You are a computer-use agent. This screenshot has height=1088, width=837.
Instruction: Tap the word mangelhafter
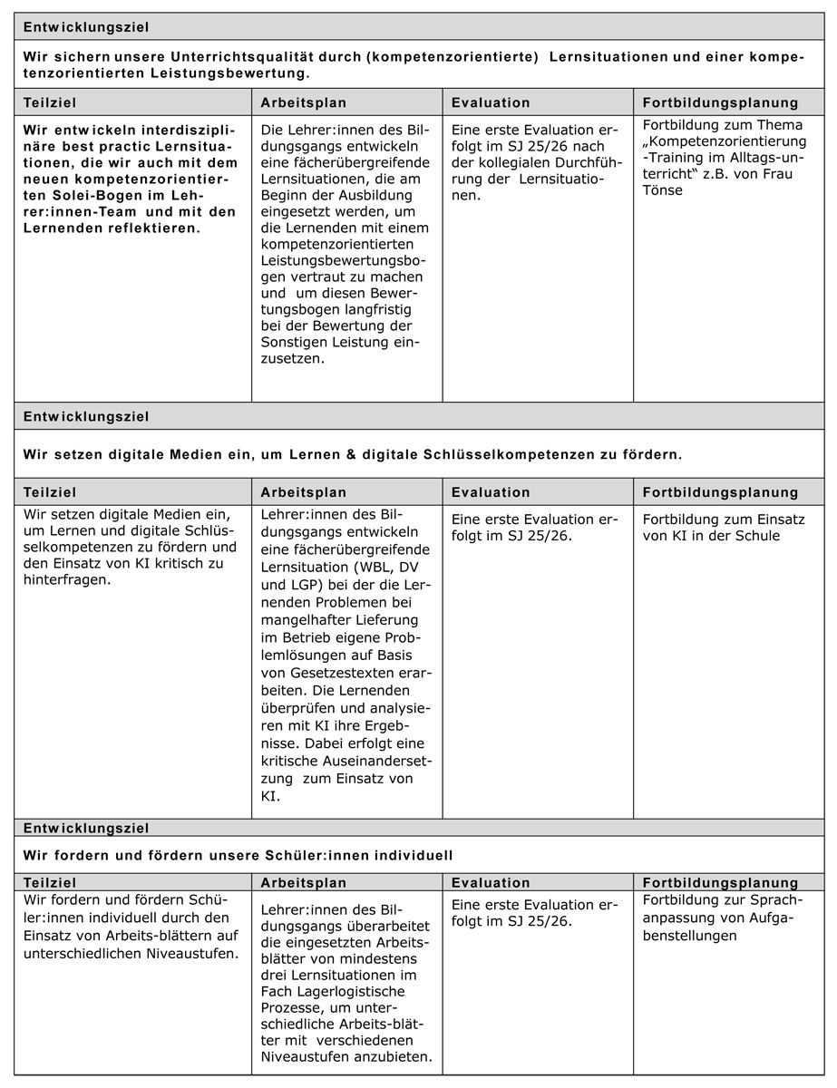click(x=303, y=620)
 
